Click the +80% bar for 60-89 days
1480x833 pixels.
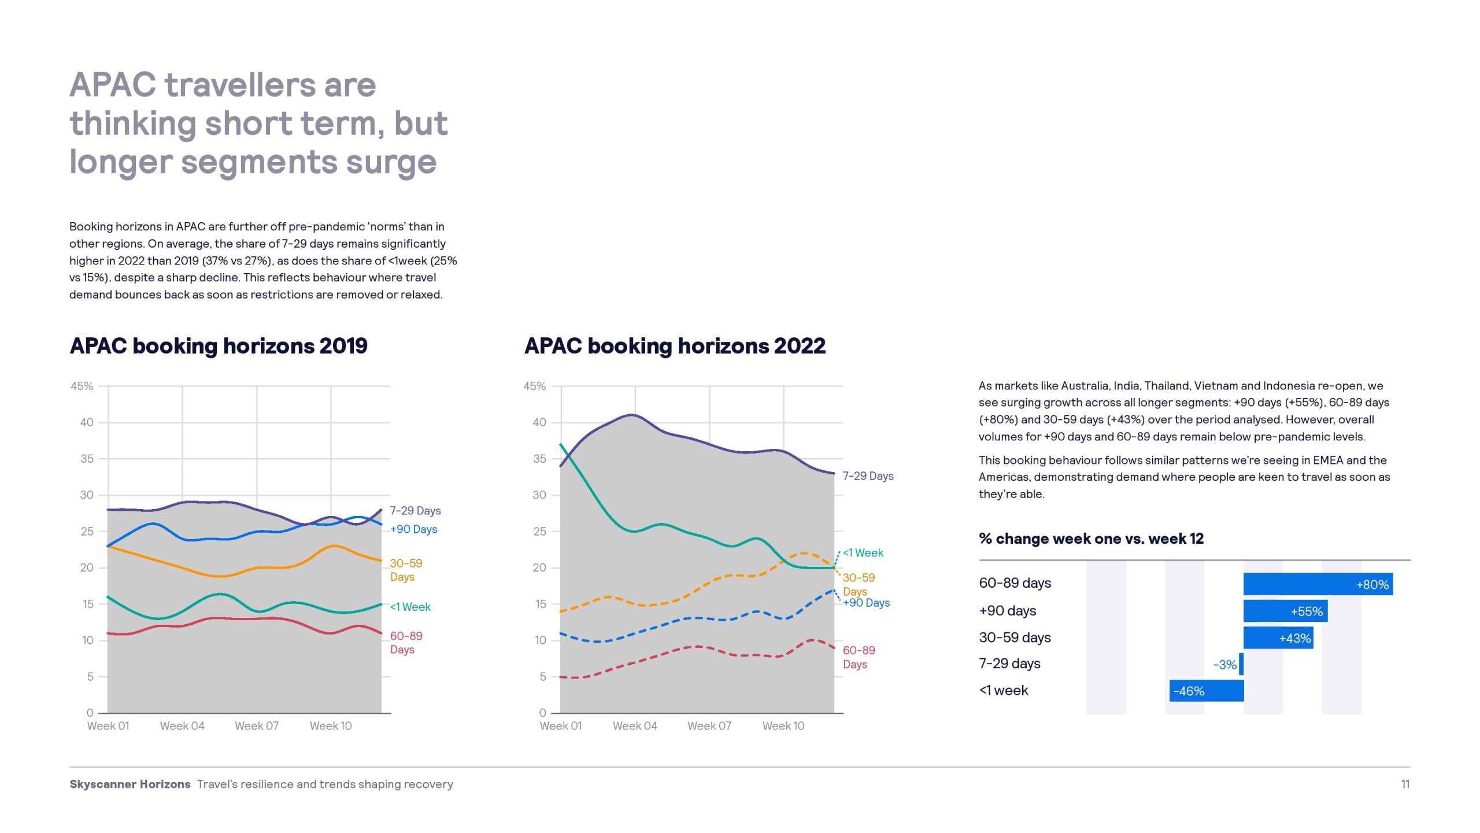click(x=1318, y=584)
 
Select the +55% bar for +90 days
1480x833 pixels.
click(x=1285, y=611)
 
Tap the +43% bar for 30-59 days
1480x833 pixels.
click(x=1278, y=638)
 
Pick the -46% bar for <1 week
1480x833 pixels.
click(x=1206, y=691)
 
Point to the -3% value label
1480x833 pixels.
click(x=1224, y=665)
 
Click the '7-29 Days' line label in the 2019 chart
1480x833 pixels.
click(x=415, y=511)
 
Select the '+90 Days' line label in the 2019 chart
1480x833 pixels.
click(x=414, y=529)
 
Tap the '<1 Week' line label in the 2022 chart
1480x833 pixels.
click(x=863, y=553)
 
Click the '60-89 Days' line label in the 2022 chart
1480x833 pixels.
click(x=859, y=657)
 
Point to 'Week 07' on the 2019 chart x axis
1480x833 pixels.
click(x=257, y=726)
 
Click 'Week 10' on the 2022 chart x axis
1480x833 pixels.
click(x=783, y=726)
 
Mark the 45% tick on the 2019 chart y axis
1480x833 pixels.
click(x=82, y=386)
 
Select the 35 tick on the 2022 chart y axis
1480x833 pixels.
click(x=539, y=459)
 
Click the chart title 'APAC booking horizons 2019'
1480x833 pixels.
click(x=219, y=346)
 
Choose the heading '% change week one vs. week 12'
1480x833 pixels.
click(x=1091, y=539)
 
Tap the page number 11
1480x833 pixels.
click(x=1405, y=784)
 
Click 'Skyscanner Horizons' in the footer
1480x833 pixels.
click(x=130, y=784)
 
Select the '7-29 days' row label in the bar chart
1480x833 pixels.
click(x=1009, y=664)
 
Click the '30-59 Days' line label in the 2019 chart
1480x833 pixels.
click(x=406, y=570)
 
